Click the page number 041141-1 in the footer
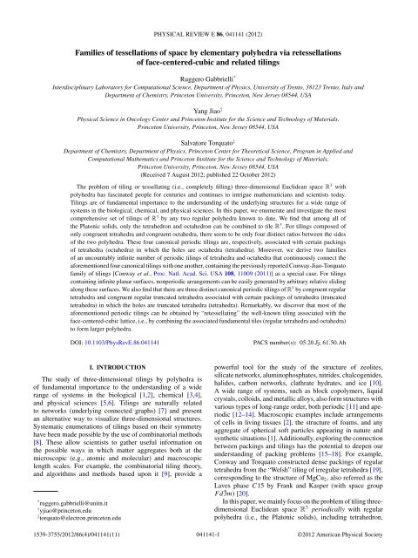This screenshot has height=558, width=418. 209,550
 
